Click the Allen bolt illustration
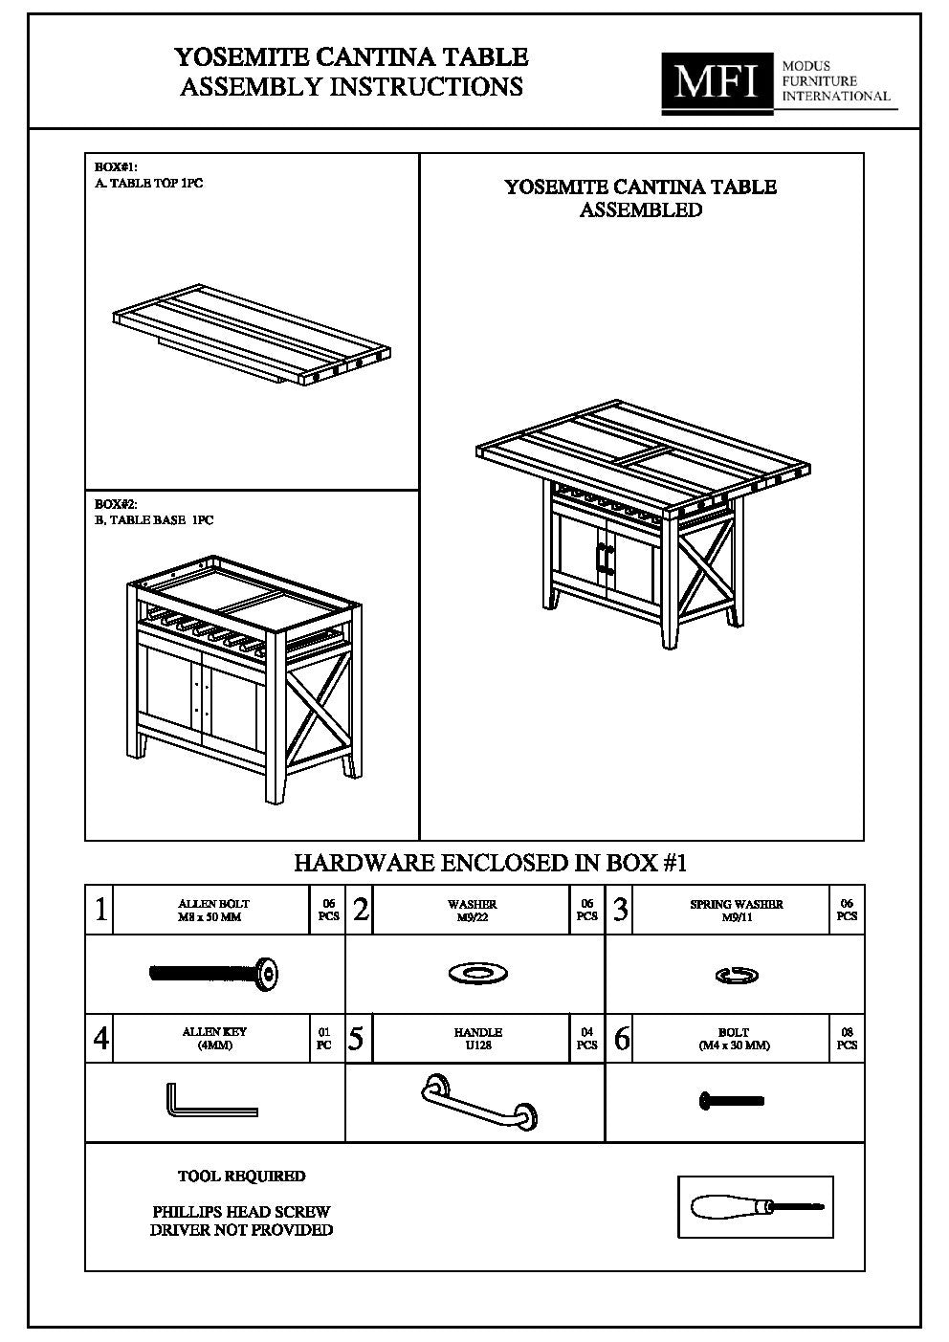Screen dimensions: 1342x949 [x=214, y=974]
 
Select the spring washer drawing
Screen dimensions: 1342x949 [x=737, y=975]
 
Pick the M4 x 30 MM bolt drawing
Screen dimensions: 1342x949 [x=732, y=1101]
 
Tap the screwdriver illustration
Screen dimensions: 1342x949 [x=756, y=1207]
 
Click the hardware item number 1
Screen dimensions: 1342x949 [x=100, y=910]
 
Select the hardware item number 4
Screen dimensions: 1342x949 [x=100, y=1039]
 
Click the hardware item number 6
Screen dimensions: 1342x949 [x=621, y=1039]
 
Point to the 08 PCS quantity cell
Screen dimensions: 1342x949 [x=846, y=1039]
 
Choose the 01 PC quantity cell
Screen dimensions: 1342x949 [x=324, y=1039]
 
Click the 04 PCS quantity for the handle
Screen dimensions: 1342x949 [x=586, y=1039]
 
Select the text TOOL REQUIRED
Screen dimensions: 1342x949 [x=241, y=1176]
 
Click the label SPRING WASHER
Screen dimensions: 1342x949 [x=736, y=904]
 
